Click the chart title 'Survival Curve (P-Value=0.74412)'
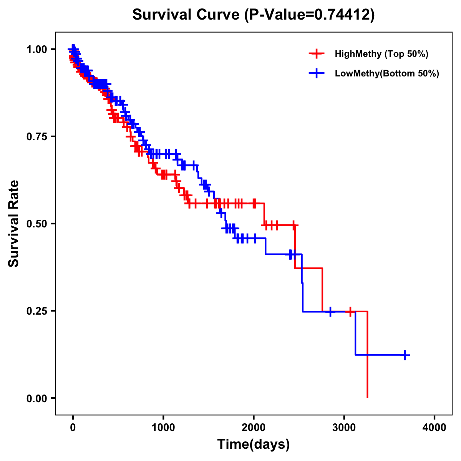click(254, 15)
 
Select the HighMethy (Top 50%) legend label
click(381, 54)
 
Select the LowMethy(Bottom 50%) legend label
click(387, 74)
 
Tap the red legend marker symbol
click(317, 54)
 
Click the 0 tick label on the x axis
click(73, 428)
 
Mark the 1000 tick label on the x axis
click(163, 428)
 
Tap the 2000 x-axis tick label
click(254, 428)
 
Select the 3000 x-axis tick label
click(344, 428)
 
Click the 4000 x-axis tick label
click(434, 428)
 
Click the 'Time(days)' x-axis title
click(254, 444)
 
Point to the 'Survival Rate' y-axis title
click(14, 224)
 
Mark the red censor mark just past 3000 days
click(350, 312)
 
